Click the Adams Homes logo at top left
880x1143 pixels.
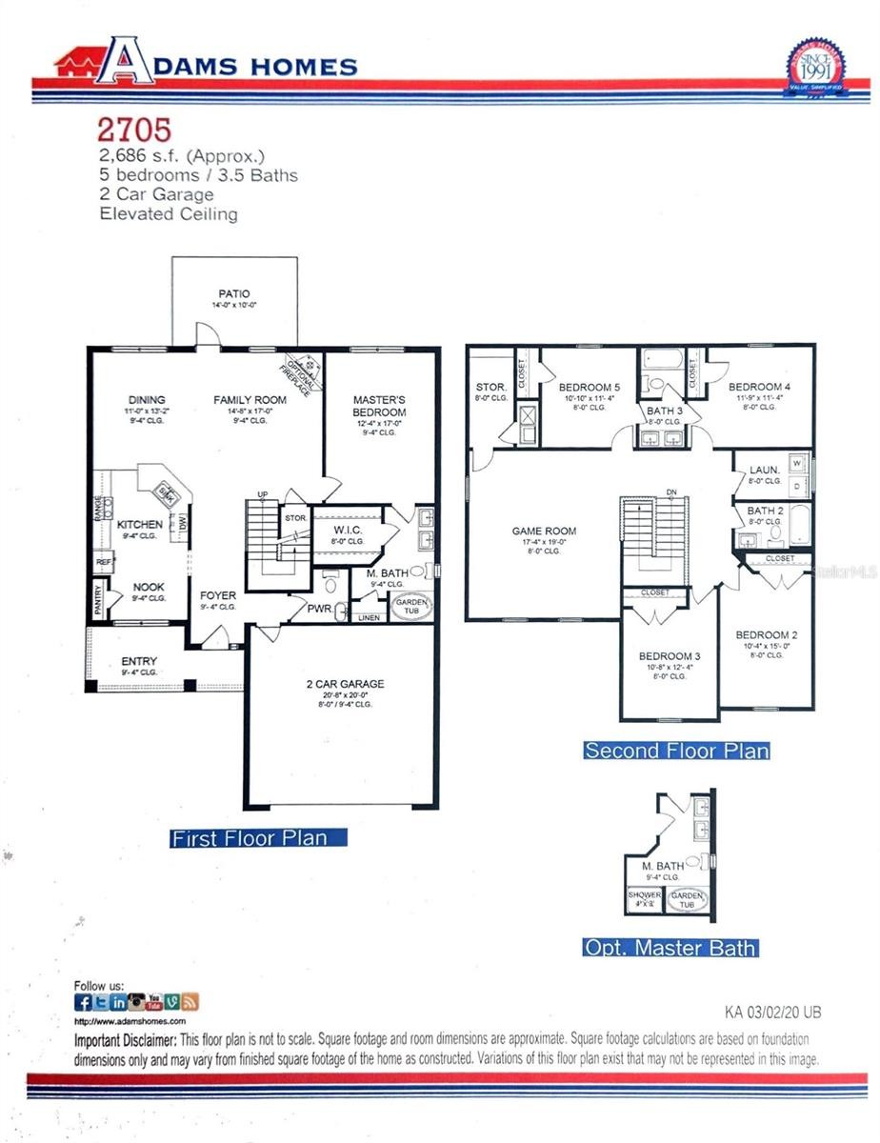(205, 64)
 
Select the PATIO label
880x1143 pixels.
(233, 293)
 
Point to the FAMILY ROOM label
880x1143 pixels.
(250, 400)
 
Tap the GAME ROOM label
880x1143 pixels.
(544, 531)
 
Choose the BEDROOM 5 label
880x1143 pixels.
(589, 387)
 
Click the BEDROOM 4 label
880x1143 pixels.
(759, 387)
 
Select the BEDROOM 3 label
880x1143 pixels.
(670, 656)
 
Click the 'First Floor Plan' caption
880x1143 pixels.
(249, 838)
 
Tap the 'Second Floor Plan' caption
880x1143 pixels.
(676, 751)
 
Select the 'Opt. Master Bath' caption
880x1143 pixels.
(670, 948)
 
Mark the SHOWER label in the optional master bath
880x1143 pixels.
(644, 896)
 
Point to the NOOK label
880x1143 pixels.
(148, 587)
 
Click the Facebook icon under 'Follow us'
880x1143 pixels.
(84, 1002)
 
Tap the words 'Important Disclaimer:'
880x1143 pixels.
(125, 1040)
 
